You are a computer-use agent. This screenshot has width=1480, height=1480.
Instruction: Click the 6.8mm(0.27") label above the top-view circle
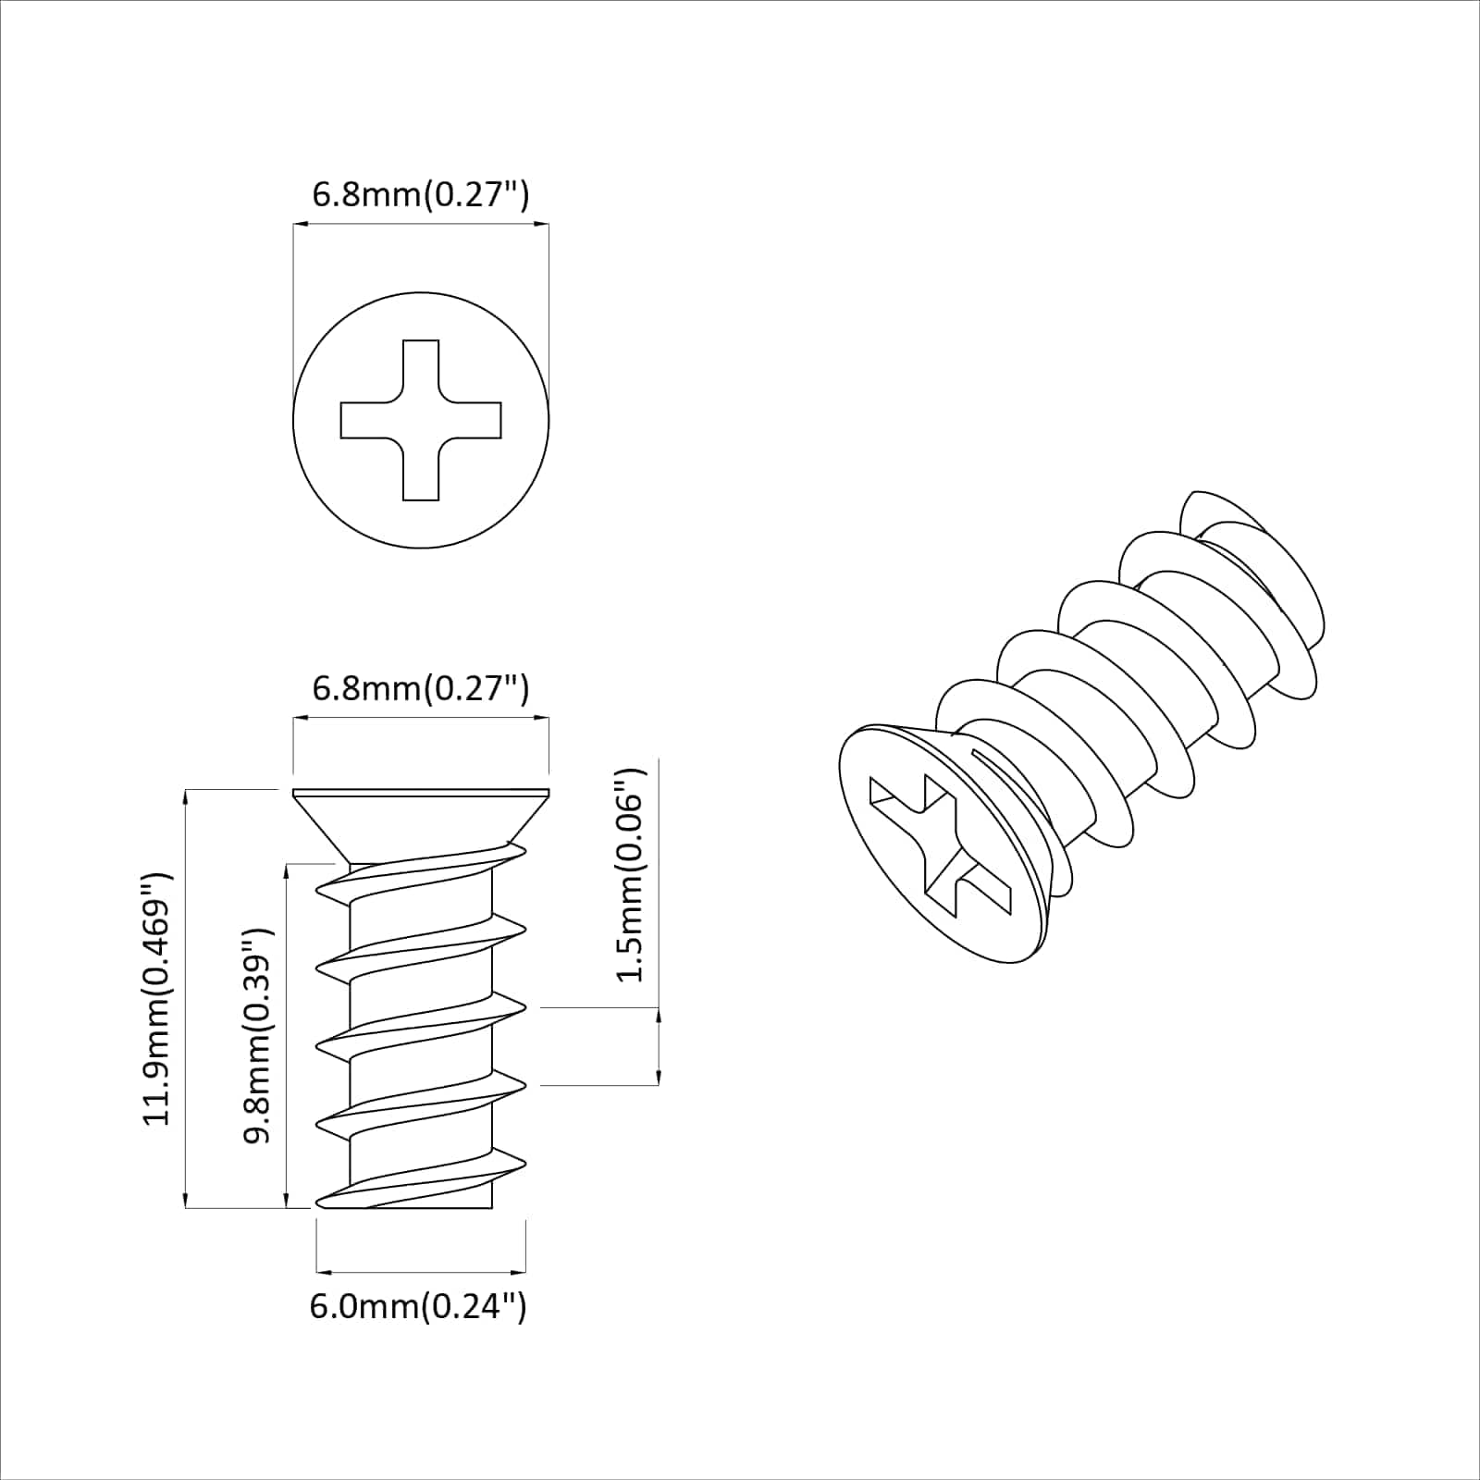coord(421,195)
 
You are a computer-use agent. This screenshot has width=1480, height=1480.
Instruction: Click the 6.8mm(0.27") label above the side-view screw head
coord(421,688)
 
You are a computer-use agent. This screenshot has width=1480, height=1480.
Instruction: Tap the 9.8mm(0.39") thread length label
coord(258,1035)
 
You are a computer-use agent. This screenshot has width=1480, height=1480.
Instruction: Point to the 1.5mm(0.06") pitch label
coord(633,874)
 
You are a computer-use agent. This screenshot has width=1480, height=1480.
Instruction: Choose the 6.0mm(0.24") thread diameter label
coord(418,1306)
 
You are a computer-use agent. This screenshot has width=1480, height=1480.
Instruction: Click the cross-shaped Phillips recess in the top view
coord(421,420)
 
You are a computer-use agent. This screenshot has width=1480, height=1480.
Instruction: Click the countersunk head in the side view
coord(421,819)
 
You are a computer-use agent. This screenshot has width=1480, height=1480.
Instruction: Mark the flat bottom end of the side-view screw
coord(421,1207)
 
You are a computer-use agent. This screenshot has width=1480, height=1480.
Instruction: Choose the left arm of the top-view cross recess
coord(365,420)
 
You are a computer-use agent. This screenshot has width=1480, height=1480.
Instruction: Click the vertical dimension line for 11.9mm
coord(187,998)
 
